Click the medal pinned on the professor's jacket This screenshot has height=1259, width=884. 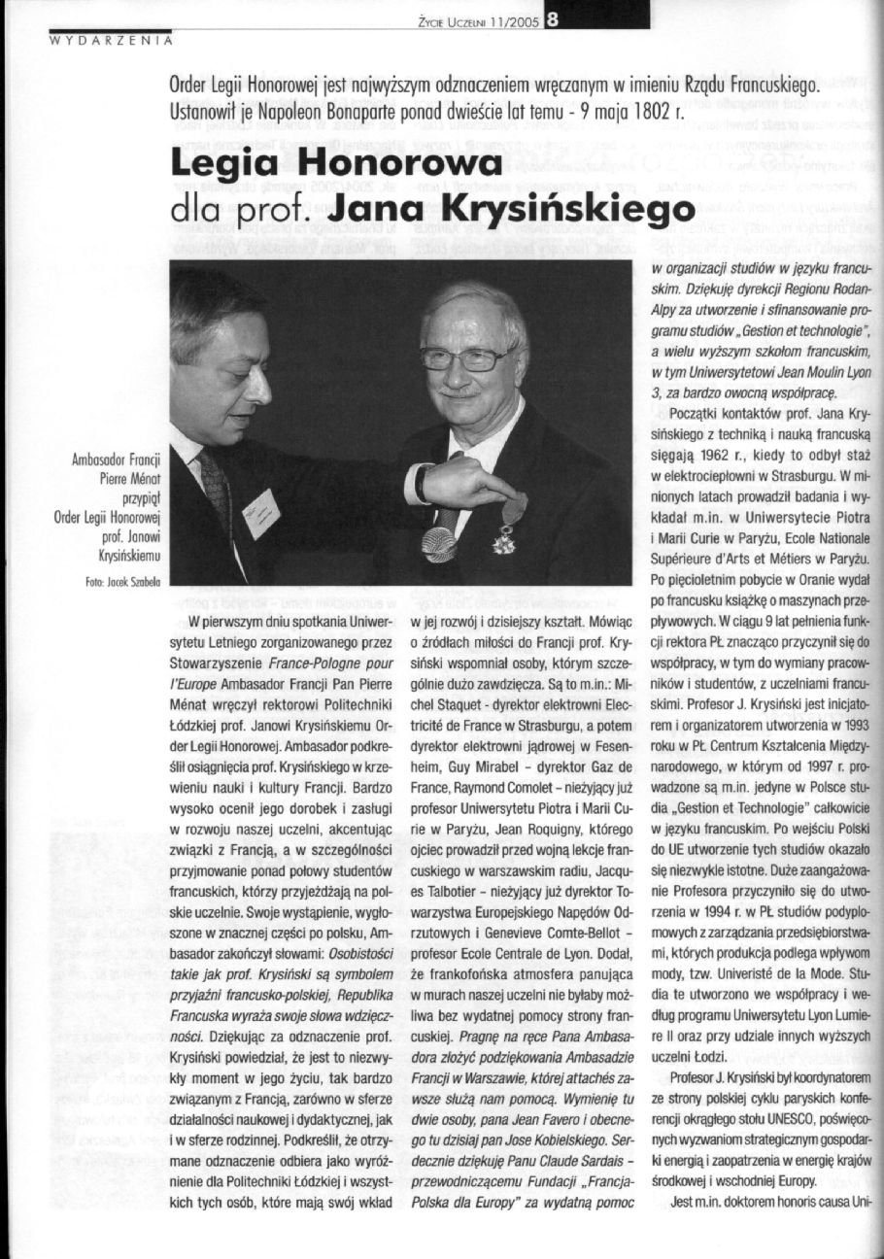coord(505,534)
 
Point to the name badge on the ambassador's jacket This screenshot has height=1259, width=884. coord(260,512)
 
